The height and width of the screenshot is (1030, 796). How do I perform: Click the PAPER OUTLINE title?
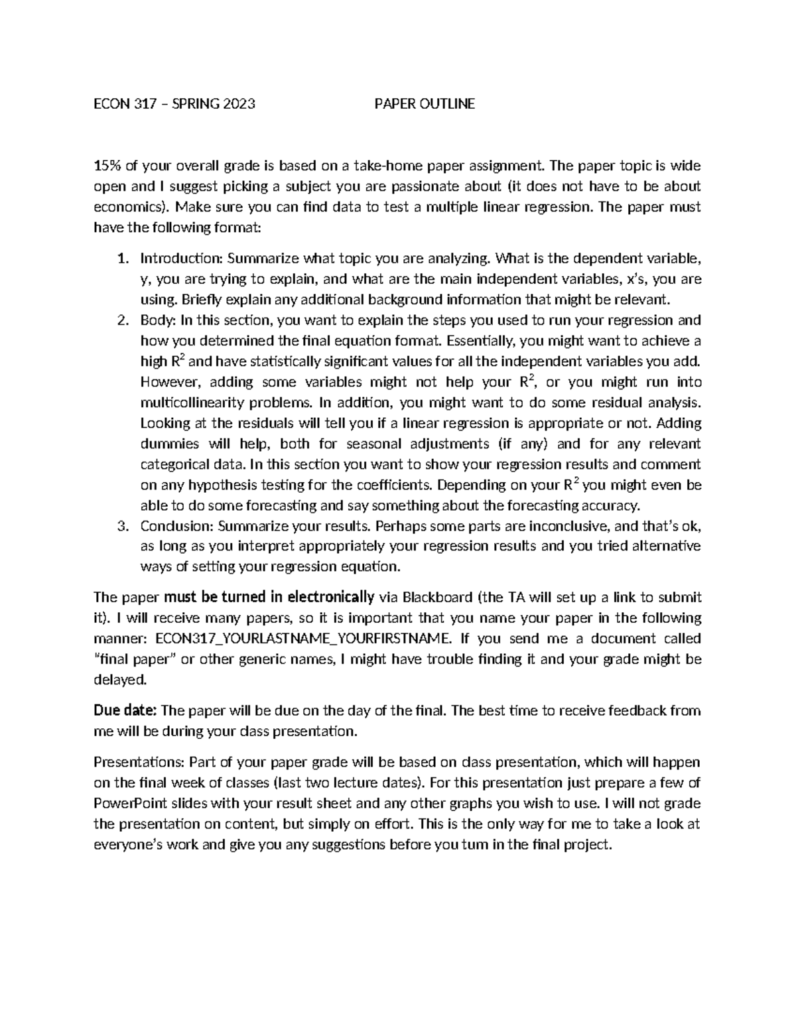click(425, 103)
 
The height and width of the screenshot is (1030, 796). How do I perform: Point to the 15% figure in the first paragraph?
click(108, 165)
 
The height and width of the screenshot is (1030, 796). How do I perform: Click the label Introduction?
click(182, 258)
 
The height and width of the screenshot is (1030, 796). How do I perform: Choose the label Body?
click(158, 320)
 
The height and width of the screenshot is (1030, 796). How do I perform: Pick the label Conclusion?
click(177, 527)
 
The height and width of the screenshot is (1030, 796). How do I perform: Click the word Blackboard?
click(437, 598)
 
